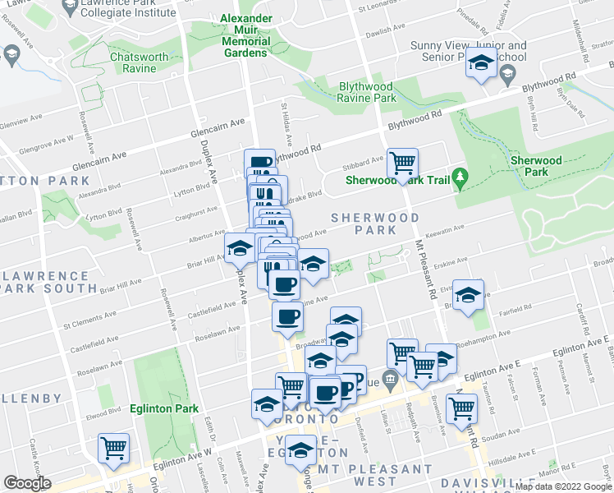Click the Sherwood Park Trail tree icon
(460, 176)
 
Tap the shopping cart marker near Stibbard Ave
(402, 164)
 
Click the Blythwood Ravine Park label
(367, 92)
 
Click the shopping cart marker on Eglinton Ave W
(113, 448)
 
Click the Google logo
(27, 483)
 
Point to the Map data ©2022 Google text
(563, 486)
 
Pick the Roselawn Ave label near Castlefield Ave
(217, 333)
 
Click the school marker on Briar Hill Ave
(238, 247)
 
